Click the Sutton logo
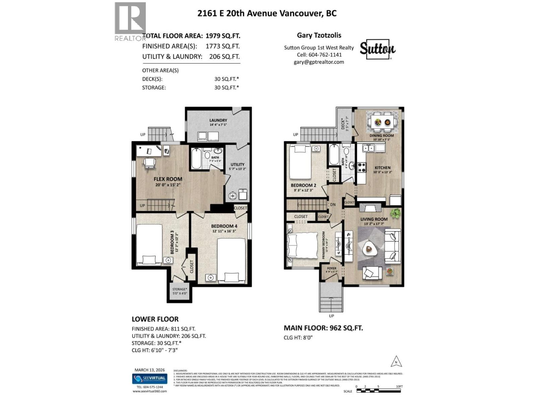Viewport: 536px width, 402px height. click(x=377, y=49)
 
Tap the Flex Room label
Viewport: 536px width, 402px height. click(x=168, y=179)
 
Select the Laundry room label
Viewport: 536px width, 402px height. click(x=218, y=120)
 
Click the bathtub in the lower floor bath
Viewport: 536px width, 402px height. click(x=196, y=159)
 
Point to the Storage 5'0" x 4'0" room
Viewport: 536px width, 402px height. click(x=180, y=291)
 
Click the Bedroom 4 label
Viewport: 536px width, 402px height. click(x=224, y=226)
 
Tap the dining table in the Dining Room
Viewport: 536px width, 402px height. click(x=383, y=122)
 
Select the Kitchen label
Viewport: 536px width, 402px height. click(x=382, y=168)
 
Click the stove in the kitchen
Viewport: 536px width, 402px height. click(x=361, y=167)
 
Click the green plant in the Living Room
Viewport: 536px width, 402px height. click(x=396, y=213)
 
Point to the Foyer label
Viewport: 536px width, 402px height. click(x=331, y=268)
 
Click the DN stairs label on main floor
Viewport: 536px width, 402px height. click(x=333, y=205)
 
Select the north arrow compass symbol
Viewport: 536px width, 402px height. click(x=396, y=362)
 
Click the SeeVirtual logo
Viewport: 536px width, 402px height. click(x=150, y=379)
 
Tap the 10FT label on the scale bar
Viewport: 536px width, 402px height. click(x=399, y=386)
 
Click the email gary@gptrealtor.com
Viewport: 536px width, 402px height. click(x=319, y=62)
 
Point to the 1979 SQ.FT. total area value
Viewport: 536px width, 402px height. click(x=223, y=36)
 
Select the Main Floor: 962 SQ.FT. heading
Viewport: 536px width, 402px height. click(x=323, y=328)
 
